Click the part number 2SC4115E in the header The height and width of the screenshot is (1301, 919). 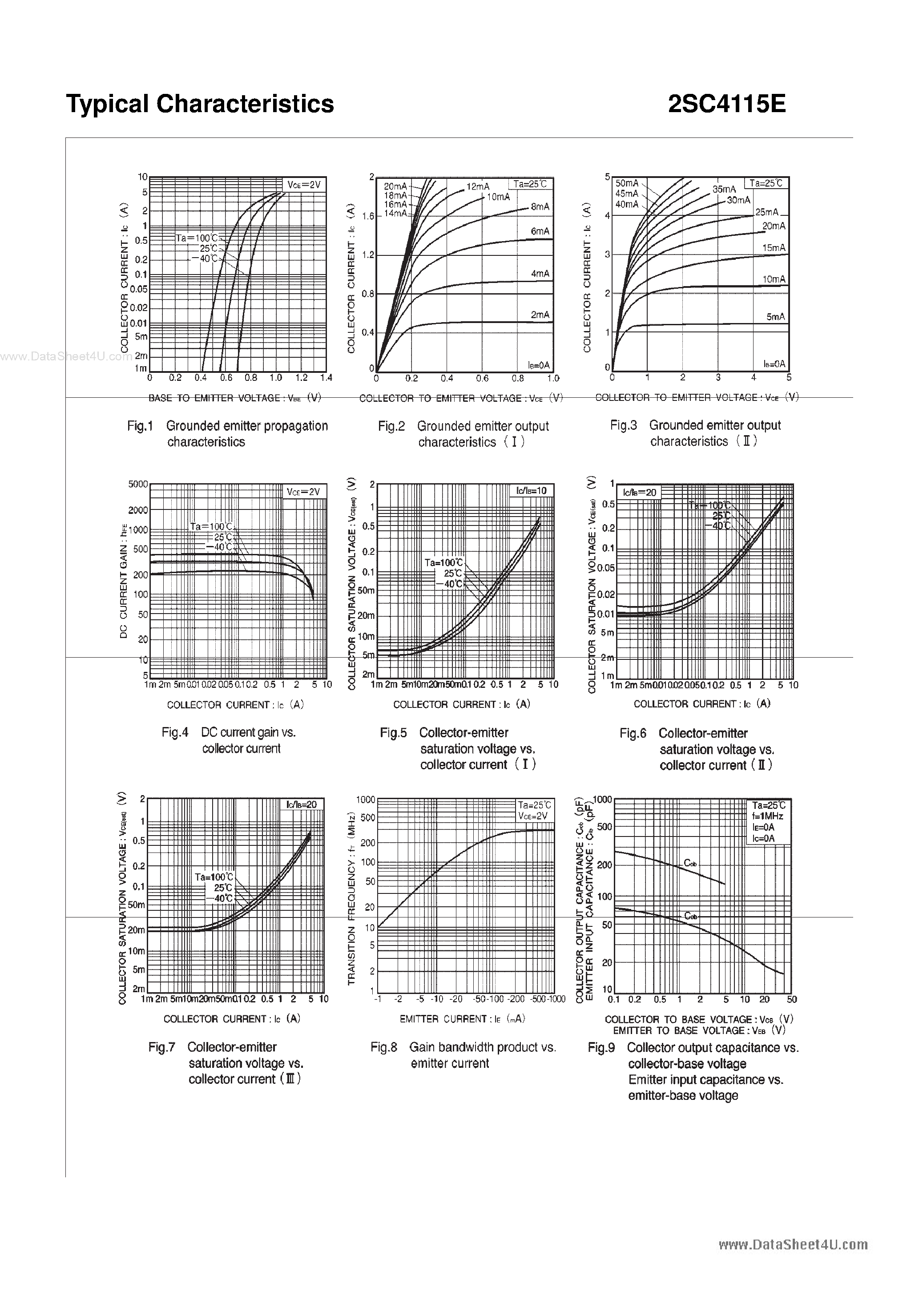coord(726,104)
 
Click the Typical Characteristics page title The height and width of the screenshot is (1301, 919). coord(200,104)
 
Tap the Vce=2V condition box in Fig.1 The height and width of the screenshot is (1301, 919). coord(304,185)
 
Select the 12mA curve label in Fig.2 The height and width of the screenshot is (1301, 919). coord(478,186)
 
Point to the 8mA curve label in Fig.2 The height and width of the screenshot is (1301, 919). coord(540,207)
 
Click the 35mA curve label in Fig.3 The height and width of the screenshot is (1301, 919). coord(724,189)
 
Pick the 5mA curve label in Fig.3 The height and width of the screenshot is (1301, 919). coord(775,317)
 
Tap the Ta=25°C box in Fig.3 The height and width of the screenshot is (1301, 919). coord(766,184)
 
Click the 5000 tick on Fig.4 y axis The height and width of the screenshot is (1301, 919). coord(138,485)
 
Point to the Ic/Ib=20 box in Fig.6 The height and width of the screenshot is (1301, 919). coord(639,493)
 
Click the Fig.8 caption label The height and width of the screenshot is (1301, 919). coord(383,1047)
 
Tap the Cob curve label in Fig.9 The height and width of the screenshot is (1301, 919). coord(689,864)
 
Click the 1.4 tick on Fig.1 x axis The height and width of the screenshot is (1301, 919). coord(326,378)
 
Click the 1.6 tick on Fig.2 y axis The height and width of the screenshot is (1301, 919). coord(368,216)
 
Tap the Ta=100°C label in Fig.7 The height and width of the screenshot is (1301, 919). coord(214,877)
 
